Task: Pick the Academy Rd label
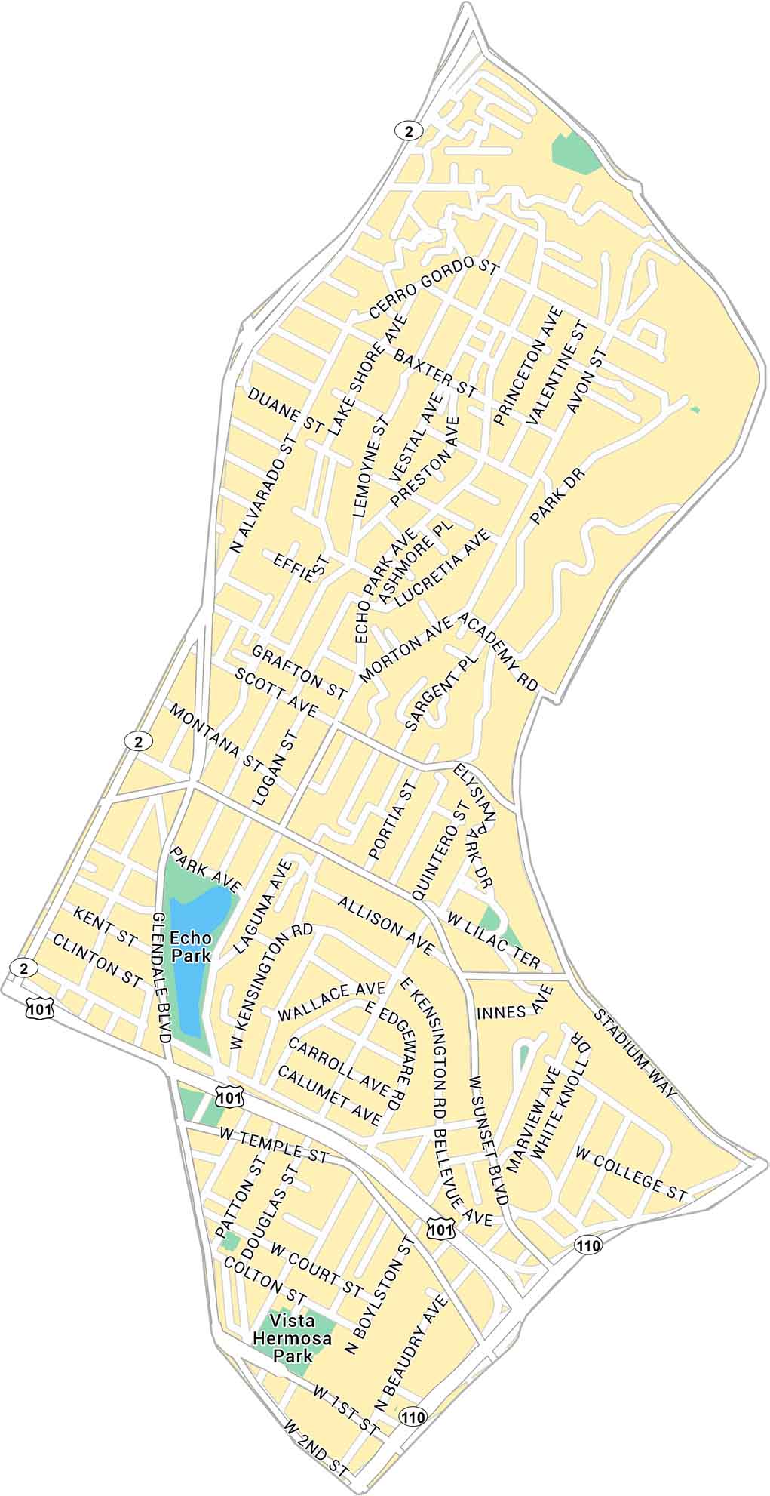497,650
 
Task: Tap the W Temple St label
275,1146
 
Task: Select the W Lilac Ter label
494,940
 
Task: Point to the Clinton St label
97,961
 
